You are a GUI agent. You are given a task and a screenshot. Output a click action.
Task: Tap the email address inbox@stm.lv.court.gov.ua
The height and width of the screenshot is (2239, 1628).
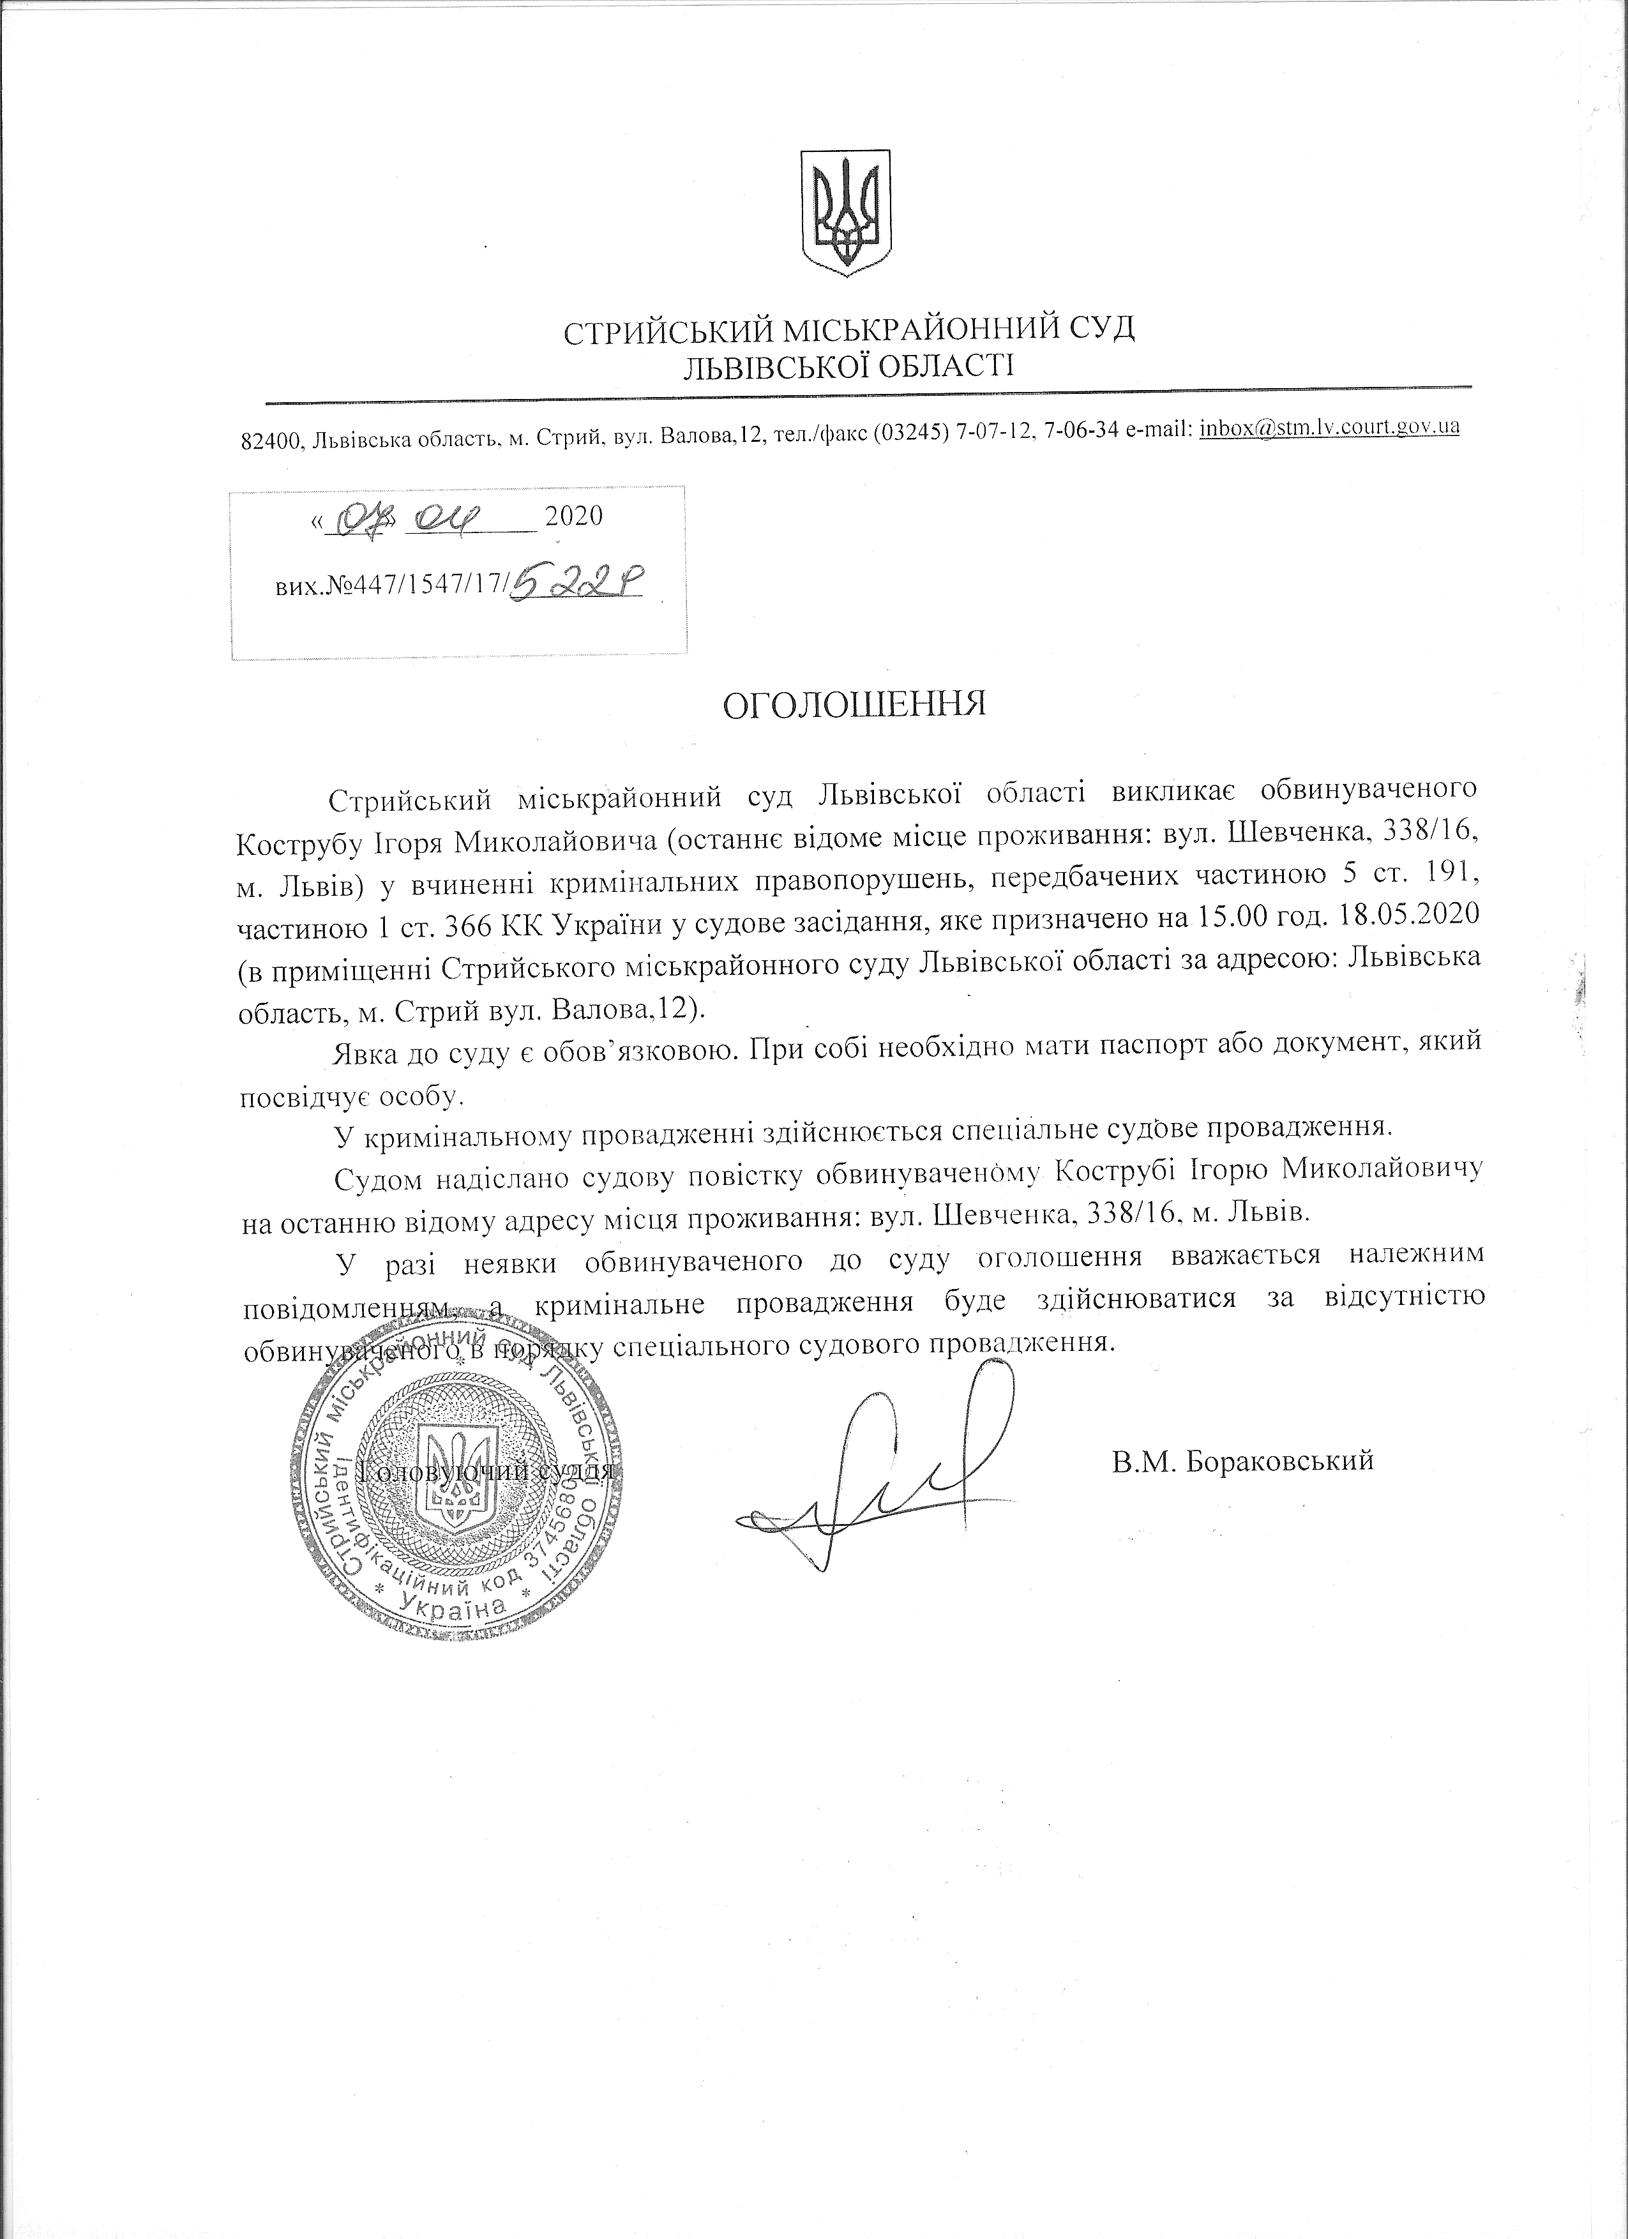pyautogui.click(x=1329, y=428)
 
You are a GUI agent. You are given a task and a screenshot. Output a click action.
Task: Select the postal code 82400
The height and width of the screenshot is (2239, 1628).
pyautogui.click(x=271, y=441)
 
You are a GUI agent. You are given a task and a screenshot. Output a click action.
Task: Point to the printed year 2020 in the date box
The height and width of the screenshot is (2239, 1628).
pyautogui.click(x=573, y=516)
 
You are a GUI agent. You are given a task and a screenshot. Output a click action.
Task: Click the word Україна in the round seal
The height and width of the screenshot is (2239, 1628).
pyautogui.click(x=464, y=1606)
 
